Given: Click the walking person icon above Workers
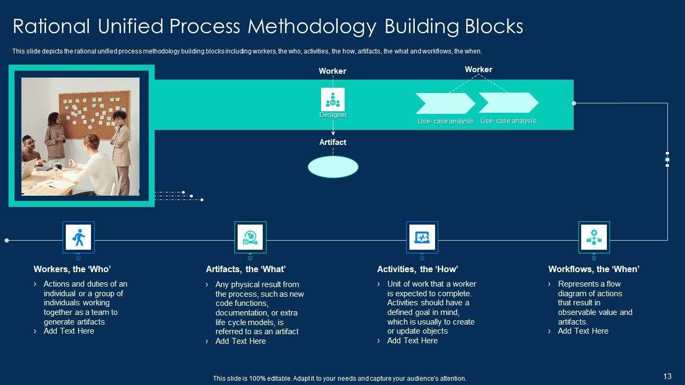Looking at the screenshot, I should (x=78, y=236).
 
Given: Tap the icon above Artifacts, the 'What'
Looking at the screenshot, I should (x=250, y=236).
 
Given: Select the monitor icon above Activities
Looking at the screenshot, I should (x=422, y=236).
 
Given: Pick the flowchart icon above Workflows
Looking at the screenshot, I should (x=593, y=236).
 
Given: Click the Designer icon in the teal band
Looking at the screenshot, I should (x=333, y=99).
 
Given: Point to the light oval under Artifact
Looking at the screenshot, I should (x=333, y=167).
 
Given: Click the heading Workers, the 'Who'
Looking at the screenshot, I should (x=72, y=269).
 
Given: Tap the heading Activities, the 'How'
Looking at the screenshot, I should (x=417, y=269).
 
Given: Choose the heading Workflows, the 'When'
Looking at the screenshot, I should (x=593, y=269).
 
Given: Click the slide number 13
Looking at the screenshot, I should (x=667, y=376).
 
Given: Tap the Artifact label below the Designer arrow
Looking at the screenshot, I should (x=333, y=142).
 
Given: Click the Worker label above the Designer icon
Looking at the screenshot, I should (x=332, y=71).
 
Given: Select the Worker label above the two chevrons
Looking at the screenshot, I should (x=478, y=70).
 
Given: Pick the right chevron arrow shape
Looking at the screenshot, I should (x=508, y=103).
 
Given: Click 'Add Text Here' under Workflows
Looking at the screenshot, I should (x=583, y=331).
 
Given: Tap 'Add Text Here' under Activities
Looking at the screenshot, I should (x=412, y=341).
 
